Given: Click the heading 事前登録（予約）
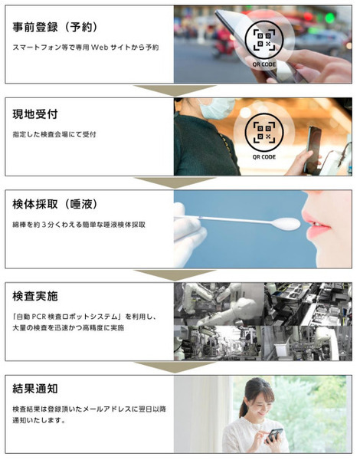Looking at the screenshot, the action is [54, 28].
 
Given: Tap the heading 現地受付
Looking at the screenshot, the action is [35, 114].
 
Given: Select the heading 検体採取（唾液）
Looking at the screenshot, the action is [54, 205].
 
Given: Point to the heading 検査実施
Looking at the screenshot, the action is [35, 296].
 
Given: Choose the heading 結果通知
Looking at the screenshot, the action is [35, 389].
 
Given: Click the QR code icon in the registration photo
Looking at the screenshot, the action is [263, 40].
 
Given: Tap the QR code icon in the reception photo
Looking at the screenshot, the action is [263, 133].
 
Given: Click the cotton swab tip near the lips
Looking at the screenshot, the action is [286, 224].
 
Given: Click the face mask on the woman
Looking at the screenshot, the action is [217, 108].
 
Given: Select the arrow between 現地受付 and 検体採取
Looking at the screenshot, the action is [175, 182].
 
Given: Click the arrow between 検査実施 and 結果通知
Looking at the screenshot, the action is [175, 367].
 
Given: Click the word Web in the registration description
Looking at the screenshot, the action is [100, 48].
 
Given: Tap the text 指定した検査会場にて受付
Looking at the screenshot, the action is [54, 135].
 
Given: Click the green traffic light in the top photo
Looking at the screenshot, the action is [329, 18].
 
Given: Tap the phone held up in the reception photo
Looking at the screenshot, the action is [313, 149].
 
